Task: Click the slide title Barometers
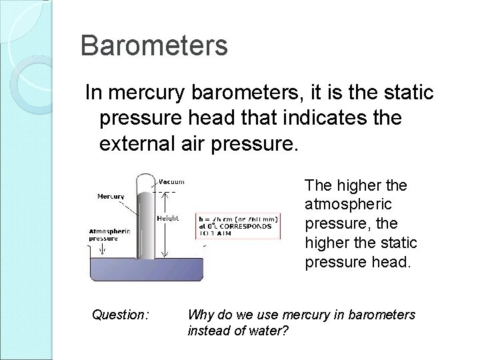pyautogui.click(x=154, y=46)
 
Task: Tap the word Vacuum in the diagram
pyautogui.click(x=172, y=181)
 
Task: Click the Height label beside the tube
pyautogui.click(x=167, y=217)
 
